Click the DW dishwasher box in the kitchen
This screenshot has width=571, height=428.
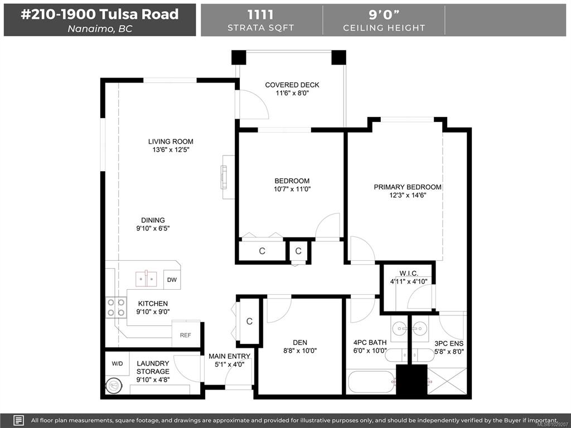(172, 280)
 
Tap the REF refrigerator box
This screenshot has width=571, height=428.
(186, 334)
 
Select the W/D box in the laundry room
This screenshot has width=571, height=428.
(117, 363)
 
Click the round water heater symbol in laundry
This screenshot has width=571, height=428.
(113, 386)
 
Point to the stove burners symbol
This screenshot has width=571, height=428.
(116, 307)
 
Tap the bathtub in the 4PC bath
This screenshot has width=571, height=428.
(370, 382)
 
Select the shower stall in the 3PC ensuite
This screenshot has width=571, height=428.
(447, 381)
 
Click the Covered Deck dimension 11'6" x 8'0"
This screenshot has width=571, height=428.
(292, 93)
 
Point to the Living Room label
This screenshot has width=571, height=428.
(171, 142)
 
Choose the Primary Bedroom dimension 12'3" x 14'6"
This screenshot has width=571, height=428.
(408, 196)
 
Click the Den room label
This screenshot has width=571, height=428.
(300, 343)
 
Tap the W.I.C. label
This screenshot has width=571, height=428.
(409, 273)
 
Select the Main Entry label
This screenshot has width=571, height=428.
(229, 356)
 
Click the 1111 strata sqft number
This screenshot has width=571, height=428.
(260, 14)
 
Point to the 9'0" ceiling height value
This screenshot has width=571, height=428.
(384, 14)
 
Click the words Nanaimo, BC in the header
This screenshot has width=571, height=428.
(100, 29)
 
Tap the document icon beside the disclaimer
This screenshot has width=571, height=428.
(20, 420)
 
